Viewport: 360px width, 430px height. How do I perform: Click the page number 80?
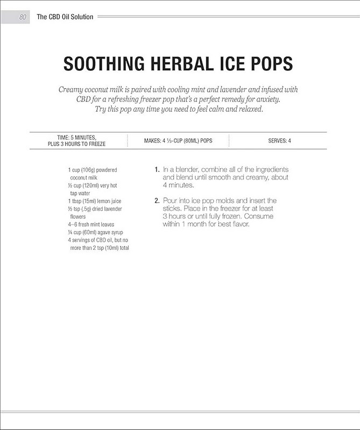(23, 17)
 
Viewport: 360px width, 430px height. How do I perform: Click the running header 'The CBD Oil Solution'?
(65, 17)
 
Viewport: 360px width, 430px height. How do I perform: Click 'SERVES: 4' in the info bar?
(280, 141)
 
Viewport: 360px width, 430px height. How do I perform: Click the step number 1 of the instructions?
(157, 170)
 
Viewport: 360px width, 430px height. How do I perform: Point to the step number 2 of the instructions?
(157, 200)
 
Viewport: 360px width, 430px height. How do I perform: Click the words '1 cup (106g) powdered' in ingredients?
(93, 169)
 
